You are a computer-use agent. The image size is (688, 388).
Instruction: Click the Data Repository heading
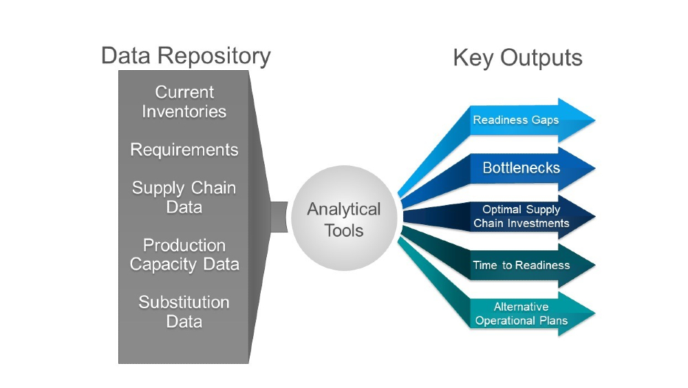(186, 56)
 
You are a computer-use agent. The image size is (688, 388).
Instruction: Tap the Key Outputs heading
(517, 58)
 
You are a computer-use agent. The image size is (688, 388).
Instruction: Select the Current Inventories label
(184, 102)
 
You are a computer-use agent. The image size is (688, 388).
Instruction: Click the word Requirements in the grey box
(184, 150)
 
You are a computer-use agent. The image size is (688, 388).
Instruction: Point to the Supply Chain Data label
(184, 197)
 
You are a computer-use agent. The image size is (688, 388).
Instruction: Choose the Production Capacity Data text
(184, 255)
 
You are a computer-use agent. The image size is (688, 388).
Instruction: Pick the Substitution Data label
(184, 312)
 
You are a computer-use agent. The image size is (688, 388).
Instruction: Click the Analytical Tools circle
(344, 219)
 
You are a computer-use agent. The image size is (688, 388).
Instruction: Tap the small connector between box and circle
(279, 217)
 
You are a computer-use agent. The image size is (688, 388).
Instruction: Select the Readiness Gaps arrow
(516, 120)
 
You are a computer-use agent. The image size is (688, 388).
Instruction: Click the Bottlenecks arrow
(521, 168)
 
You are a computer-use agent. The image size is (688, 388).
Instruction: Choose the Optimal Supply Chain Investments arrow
(521, 216)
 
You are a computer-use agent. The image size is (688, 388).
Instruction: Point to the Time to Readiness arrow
(521, 265)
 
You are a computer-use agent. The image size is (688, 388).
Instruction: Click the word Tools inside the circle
(344, 230)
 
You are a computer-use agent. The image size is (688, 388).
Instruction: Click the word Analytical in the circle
(344, 208)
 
